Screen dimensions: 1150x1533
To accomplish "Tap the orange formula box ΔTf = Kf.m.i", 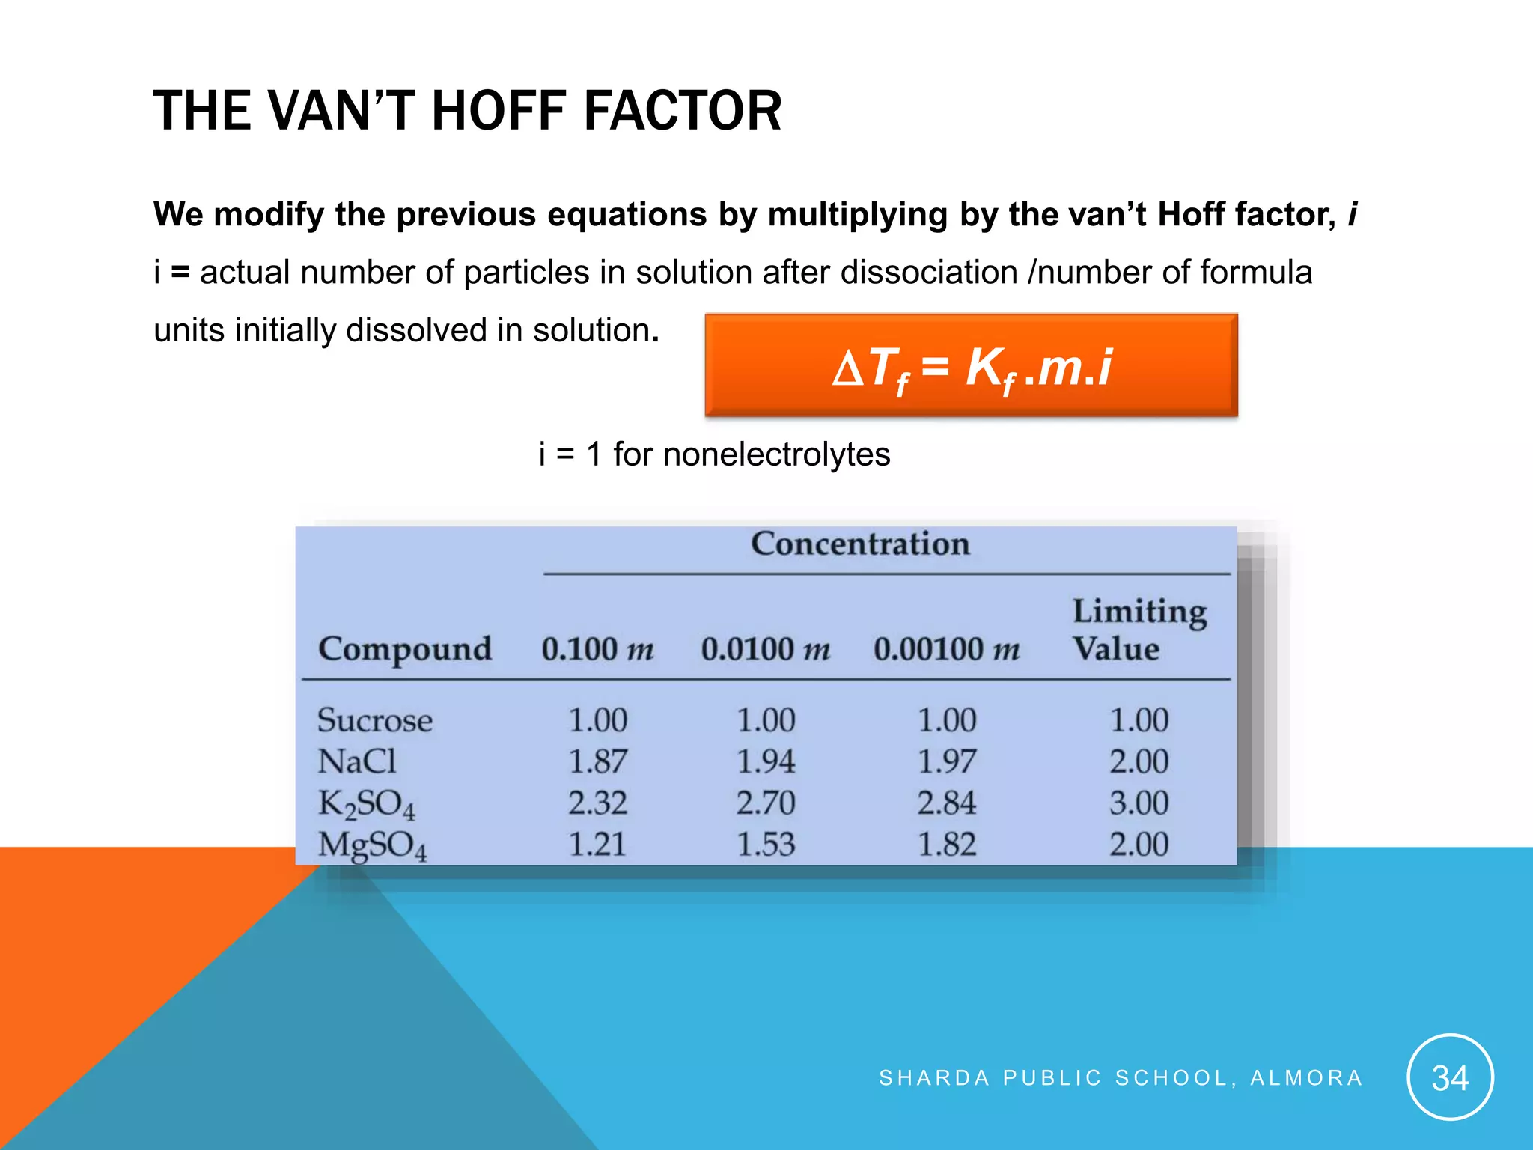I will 971,366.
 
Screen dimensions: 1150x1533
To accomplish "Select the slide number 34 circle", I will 1450,1077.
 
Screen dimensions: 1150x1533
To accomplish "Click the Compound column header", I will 405,648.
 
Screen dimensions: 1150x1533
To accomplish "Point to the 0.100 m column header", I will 597,648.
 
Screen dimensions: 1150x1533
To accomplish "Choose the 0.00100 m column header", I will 946,648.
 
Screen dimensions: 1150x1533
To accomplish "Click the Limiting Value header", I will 1139,630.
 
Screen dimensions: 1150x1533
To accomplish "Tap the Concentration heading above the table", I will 860,544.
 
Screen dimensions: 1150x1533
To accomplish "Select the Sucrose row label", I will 375,720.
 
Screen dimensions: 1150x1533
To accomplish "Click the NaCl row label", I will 357,761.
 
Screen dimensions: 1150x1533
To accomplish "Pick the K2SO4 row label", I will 367,804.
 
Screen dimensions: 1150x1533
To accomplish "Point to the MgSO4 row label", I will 373,845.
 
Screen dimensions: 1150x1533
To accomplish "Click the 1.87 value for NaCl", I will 597,761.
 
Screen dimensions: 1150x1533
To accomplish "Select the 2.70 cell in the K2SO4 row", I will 766,803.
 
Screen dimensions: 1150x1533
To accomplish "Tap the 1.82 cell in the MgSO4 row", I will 947,845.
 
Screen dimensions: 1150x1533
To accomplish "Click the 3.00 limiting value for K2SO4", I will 1139,803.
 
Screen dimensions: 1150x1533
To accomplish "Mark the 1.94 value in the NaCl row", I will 766,761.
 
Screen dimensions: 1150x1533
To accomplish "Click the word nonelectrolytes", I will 776,454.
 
